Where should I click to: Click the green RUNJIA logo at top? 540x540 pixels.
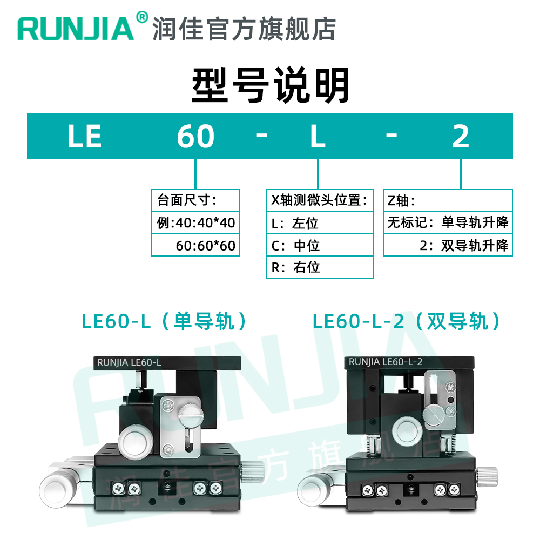76,28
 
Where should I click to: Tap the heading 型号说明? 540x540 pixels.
271,85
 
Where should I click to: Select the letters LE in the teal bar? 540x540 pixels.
85,136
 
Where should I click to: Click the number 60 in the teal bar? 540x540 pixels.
195,136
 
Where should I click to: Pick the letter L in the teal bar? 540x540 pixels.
318,136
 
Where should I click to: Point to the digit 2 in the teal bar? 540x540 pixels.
461,136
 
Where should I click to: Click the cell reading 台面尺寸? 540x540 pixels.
195,201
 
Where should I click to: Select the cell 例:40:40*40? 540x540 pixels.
195,223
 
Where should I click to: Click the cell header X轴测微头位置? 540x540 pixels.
320,200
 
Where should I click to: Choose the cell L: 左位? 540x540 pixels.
320,223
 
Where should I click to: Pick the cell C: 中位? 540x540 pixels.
320,246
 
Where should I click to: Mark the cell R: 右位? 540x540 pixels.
320,267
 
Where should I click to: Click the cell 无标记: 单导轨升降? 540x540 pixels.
448,222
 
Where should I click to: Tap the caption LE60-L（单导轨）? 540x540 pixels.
165,322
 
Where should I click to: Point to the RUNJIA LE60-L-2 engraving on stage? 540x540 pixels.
386,362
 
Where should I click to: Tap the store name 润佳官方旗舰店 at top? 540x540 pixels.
244,28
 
